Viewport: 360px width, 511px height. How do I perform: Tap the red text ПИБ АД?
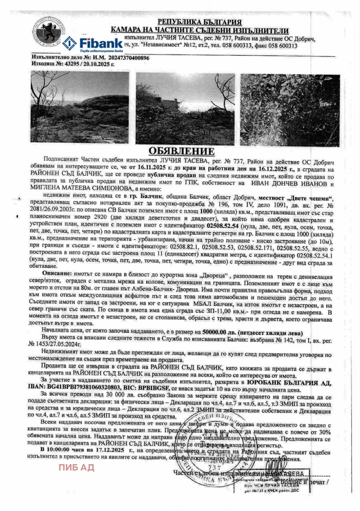pyautogui.click(x=76, y=467)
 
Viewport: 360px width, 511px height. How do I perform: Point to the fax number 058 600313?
pyautogui.click(x=279, y=45)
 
